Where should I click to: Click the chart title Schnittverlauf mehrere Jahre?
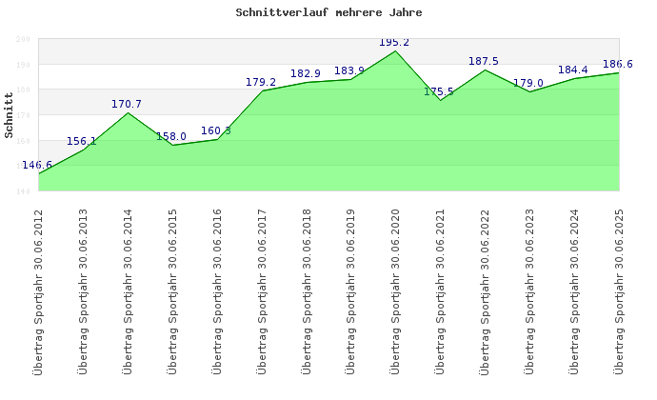tap(328, 13)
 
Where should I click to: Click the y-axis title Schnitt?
tap(10, 115)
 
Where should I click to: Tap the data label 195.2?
tap(394, 43)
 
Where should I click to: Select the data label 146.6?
tap(37, 166)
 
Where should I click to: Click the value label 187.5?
tap(484, 62)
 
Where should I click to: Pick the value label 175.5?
tap(439, 92)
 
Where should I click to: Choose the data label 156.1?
tap(82, 142)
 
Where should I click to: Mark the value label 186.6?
tap(618, 64)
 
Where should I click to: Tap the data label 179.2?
tap(261, 83)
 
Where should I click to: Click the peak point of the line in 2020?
tap(395, 50)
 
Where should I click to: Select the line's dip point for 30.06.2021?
tap(440, 101)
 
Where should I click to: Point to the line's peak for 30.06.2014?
tap(128, 113)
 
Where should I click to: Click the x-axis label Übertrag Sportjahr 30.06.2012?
tap(38, 290)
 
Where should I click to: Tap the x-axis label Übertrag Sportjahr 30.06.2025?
tap(619, 290)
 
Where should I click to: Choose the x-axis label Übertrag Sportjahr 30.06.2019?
tap(350, 290)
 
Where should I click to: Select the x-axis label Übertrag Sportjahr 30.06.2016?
tap(217, 290)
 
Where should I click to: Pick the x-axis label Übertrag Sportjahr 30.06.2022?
tap(485, 290)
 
